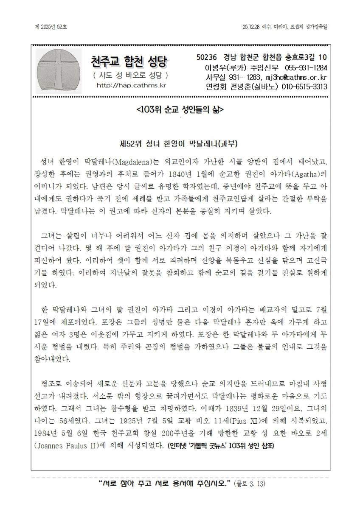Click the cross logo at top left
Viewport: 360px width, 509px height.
[58, 70]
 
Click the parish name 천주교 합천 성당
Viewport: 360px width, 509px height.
[130, 63]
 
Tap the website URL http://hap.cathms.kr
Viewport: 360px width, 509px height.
[131, 85]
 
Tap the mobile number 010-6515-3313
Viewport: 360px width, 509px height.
[304, 87]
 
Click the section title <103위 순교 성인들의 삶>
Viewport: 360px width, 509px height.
[180, 109]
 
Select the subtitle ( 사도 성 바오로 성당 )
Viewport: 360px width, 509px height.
[131, 76]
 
